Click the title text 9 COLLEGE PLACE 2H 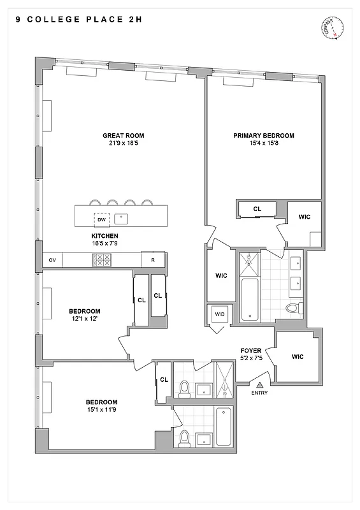79,20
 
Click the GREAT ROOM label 124,135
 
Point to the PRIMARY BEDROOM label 263,135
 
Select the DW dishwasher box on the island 101,219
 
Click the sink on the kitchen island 123,219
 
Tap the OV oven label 52,260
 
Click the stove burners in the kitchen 101,260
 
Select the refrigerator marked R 153,260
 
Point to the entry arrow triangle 259,385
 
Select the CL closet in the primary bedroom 257,209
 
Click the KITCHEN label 105,235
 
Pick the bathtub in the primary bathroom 250,299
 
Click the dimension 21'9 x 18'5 124,143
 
